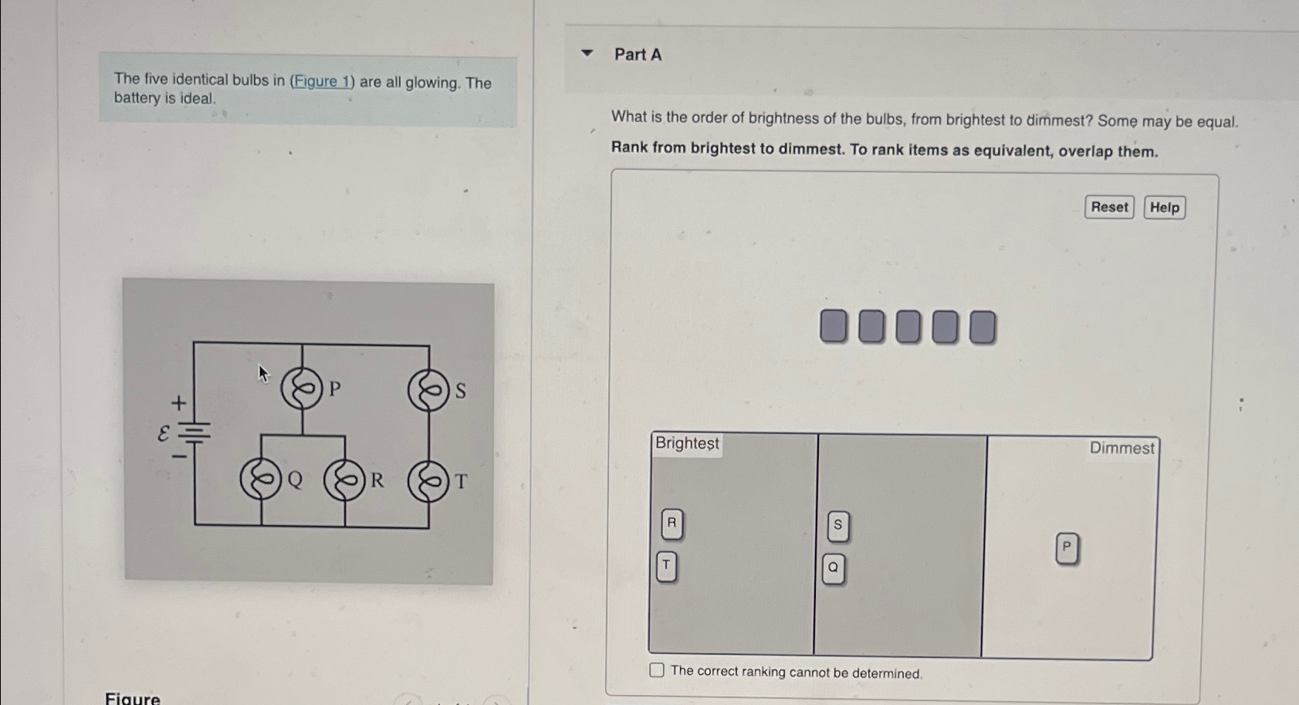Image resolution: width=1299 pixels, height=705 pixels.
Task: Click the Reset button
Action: pyautogui.click(x=1108, y=207)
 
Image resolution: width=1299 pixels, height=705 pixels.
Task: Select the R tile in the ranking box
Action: pyautogui.click(x=671, y=524)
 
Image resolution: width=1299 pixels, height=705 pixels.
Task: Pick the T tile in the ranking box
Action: pyautogui.click(x=666, y=566)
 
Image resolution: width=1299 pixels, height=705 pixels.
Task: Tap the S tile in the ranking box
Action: pyautogui.click(x=837, y=526)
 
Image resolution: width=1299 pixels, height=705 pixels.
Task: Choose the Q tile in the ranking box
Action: pyautogui.click(x=833, y=568)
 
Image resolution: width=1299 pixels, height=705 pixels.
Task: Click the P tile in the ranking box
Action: pyautogui.click(x=1066, y=548)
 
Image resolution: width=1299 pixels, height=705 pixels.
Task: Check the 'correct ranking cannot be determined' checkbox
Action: pyautogui.click(x=657, y=670)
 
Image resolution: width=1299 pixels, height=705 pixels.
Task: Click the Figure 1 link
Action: pyautogui.click(x=321, y=81)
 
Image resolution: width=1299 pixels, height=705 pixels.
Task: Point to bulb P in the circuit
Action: pyautogui.click(x=302, y=388)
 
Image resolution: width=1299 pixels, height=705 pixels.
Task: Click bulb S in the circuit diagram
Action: pyautogui.click(x=428, y=391)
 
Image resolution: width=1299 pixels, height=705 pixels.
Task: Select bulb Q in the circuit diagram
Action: pyautogui.click(x=261, y=480)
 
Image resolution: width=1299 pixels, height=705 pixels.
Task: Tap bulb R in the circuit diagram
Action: pyautogui.click(x=344, y=480)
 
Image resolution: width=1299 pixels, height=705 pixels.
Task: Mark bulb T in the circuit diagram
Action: pyautogui.click(x=428, y=482)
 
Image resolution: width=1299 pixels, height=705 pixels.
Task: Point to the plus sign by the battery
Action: pyautogui.click(x=178, y=403)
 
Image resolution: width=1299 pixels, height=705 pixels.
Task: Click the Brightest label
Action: pyautogui.click(x=687, y=443)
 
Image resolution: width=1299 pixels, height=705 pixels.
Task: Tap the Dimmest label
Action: pyautogui.click(x=1121, y=448)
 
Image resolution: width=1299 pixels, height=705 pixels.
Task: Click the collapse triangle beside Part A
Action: pyautogui.click(x=587, y=53)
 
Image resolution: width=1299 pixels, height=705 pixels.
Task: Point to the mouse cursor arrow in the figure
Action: pyautogui.click(x=262, y=374)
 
